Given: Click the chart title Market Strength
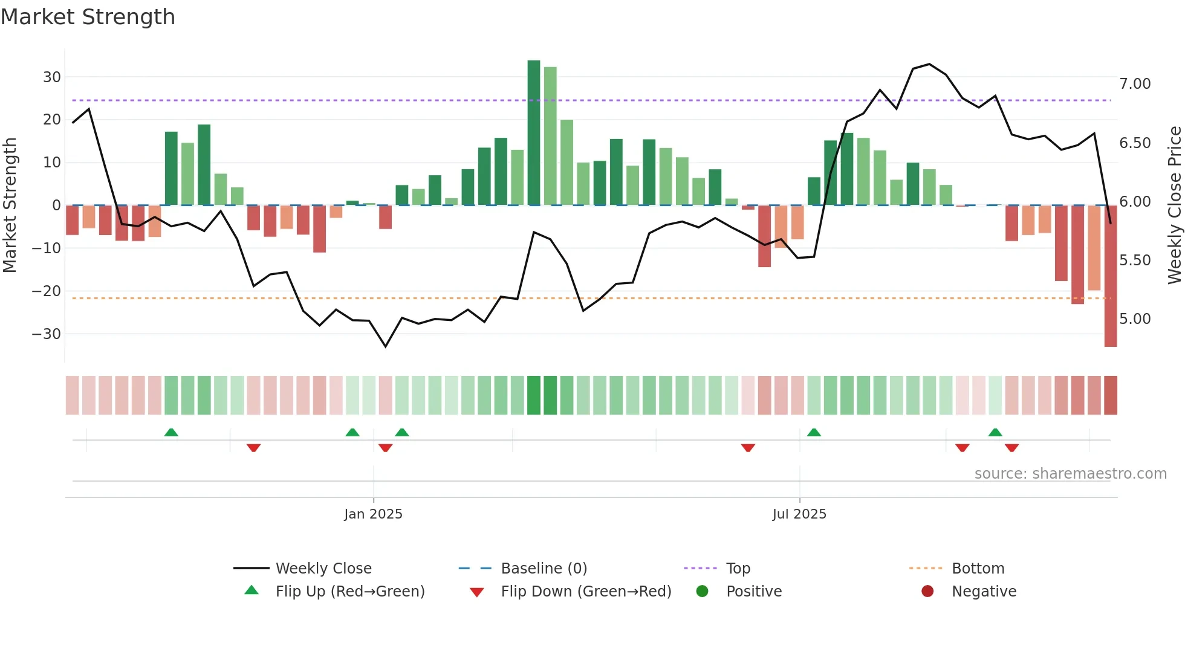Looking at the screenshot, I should tap(88, 17).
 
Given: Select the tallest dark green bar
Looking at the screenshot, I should tap(533, 133).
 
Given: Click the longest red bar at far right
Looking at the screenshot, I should tap(1110, 276).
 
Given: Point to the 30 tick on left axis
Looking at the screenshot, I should tap(52, 77).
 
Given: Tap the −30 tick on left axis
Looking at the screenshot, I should tap(47, 334).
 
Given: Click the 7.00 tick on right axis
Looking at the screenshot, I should tap(1135, 84).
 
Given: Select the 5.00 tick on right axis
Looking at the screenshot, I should tap(1135, 319).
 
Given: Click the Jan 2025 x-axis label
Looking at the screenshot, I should tap(373, 514).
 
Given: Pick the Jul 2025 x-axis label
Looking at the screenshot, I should tap(799, 514).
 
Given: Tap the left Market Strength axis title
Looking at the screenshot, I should tap(10, 205).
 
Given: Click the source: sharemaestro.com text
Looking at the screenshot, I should tap(1070, 474).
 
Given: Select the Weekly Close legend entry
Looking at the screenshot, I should tap(323, 569).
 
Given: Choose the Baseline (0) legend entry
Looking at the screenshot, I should tap(544, 569).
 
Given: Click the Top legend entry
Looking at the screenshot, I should tap(738, 569).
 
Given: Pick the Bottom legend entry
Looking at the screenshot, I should tap(978, 569).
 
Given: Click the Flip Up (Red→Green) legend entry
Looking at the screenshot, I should tap(349, 592).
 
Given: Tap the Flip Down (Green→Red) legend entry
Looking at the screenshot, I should tap(586, 592).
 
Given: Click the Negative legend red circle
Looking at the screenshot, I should tap(927, 592).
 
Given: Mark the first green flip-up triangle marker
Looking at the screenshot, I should tap(171, 432).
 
